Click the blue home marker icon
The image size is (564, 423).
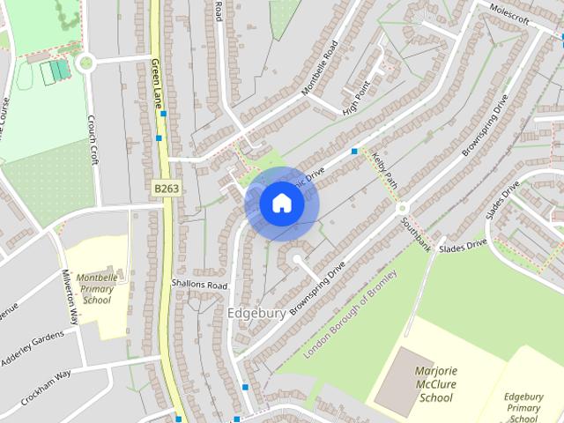coord(281,204)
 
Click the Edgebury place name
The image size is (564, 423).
coord(256,313)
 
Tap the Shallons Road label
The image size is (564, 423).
coord(200,286)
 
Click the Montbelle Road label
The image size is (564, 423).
coord(319,66)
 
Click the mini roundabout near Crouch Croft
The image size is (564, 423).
coord(85,63)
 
